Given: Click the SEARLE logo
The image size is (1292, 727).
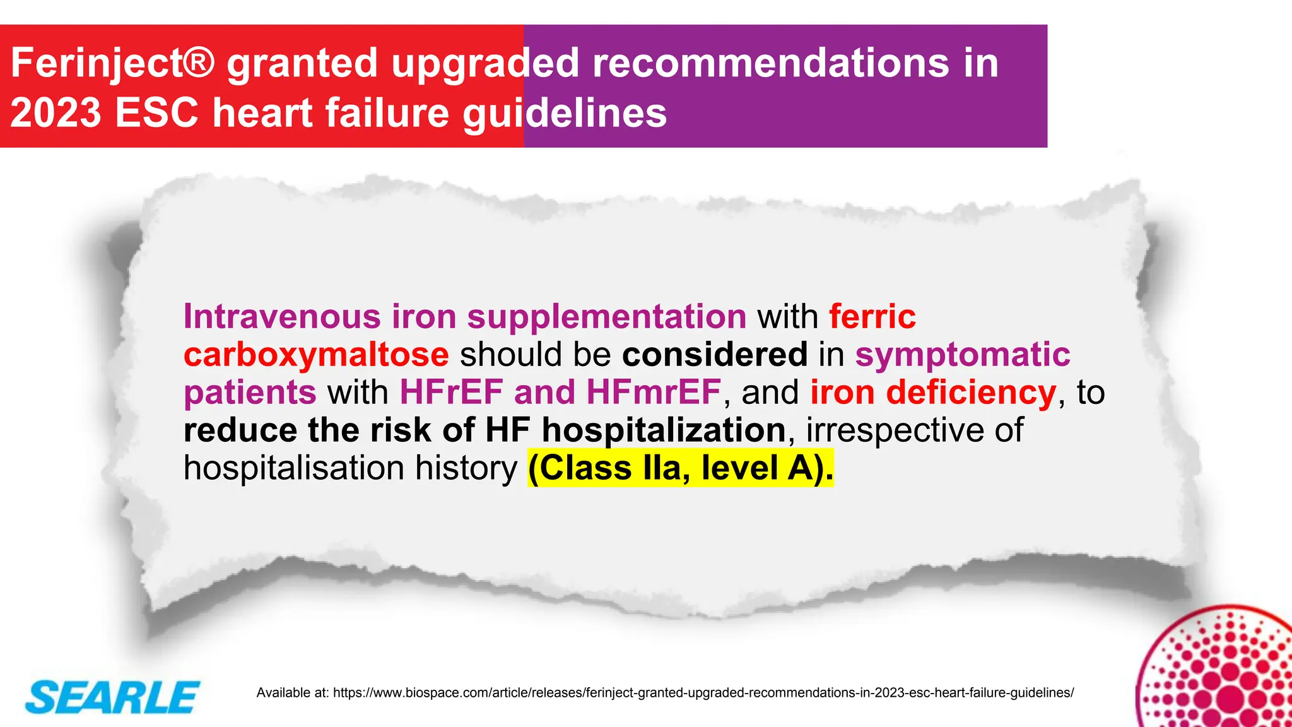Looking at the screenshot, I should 112,697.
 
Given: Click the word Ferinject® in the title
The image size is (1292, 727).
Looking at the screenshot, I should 113,63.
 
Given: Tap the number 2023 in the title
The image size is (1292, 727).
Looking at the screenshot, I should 56,113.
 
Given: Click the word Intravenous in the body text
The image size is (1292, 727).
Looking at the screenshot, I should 282,316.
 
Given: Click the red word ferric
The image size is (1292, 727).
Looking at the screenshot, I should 872,316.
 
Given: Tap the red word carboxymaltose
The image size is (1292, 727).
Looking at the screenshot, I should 316,354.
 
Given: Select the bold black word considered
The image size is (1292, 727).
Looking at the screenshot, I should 715,354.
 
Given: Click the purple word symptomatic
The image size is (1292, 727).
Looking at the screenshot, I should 963,354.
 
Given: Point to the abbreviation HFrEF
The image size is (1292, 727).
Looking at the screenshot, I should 451,392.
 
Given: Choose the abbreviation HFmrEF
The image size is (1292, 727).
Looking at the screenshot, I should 654,392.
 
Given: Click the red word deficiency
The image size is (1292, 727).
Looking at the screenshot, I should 971,392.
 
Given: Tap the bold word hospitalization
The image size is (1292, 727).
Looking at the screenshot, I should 664,430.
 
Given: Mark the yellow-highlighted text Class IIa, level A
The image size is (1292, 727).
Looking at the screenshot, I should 680,468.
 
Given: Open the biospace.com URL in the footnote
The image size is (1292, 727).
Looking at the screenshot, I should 703,692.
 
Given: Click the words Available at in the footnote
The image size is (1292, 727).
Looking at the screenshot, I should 292,692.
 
